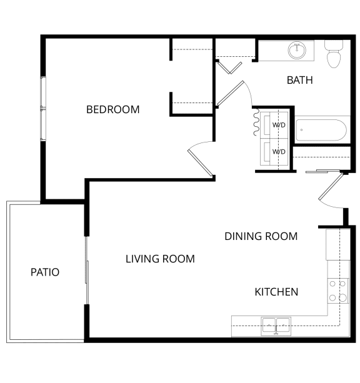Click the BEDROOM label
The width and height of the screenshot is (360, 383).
click(113, 109)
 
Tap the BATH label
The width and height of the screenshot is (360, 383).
click(299, 80)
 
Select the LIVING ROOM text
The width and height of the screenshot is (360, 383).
click(160, 259)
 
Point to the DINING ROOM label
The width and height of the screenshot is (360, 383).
click(261, 236)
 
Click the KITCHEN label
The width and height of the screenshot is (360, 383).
click(276, 292)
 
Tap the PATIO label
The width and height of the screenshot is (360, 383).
click(45, 272)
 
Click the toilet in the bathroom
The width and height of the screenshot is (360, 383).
click(334, 54)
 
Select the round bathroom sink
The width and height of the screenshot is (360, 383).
click(297, 51)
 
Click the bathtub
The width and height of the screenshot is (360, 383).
click(321, 130)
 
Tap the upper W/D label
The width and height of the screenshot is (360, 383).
click(279, 125)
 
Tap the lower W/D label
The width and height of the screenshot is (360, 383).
click(279, 152)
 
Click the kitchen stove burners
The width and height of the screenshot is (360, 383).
click(338, 291)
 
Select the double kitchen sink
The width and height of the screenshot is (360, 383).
click(276, 326)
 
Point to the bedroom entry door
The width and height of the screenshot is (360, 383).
click(200, 162)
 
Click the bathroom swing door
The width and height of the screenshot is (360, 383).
click(230, 93)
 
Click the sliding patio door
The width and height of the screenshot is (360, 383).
click(86, 270)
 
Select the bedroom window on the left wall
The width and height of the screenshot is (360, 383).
click(43, 109)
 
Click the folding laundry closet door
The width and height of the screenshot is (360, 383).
click(256, 122)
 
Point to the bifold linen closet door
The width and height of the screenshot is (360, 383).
click(229, 67)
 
